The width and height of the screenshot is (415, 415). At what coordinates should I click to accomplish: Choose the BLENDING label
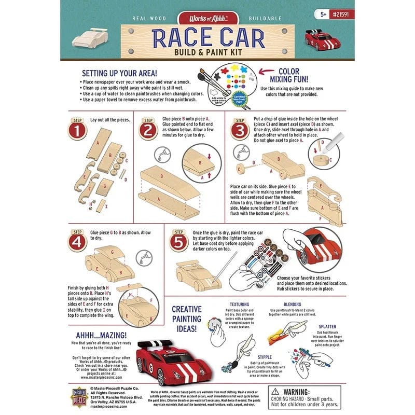(x=293, y=305)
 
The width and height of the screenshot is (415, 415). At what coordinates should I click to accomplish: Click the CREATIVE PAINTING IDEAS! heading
(x=194, y=318)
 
